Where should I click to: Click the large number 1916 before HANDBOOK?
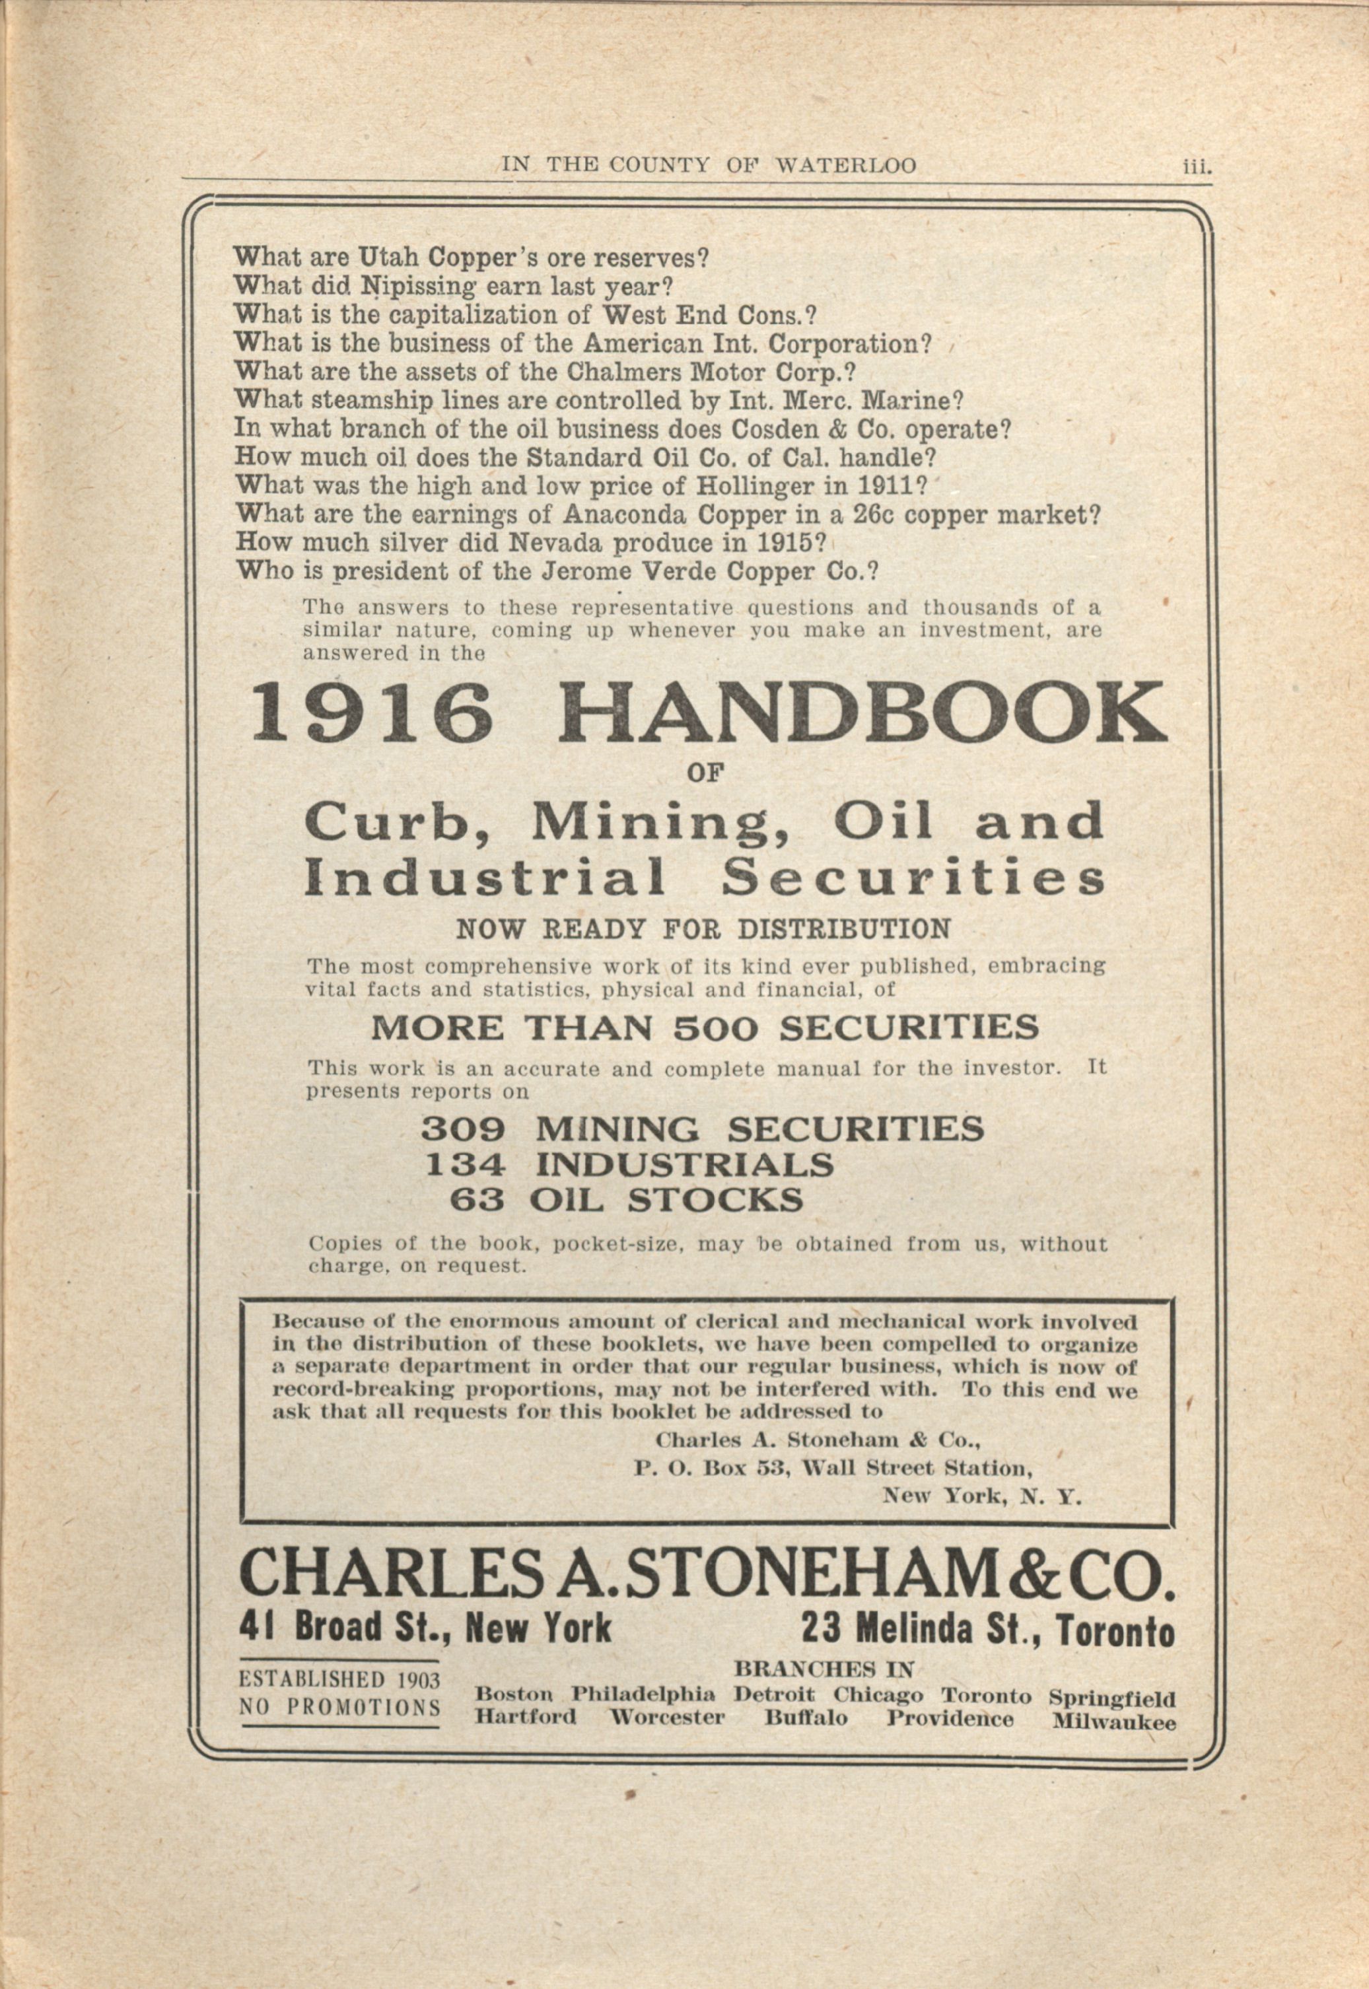point(370,714)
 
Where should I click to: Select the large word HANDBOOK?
point(862,714)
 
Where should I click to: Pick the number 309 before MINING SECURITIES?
point(462,1129)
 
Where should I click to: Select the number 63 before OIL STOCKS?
point(477,1199)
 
